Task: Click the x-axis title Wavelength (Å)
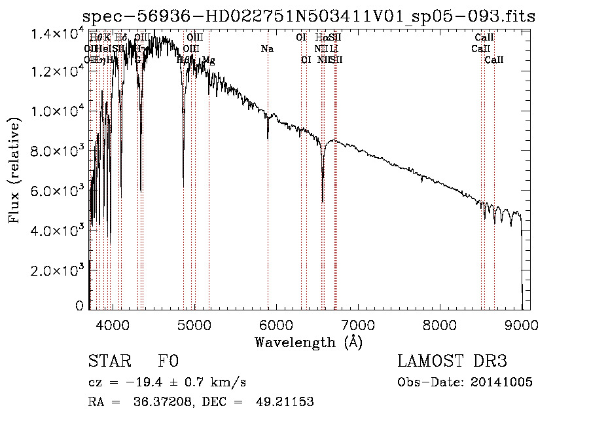(x=308, y=342)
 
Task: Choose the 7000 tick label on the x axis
(x=358, y=323)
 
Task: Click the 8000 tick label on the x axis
(x=440, y=323)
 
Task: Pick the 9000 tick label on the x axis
(x=522, y=323)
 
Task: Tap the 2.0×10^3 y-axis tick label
(x=58, y=270)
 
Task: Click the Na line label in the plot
(x=267, y=49)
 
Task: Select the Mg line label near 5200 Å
(x=208, y=60)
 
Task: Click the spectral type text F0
(x=168, y=361)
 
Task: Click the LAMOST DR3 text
(x=452, y=361)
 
